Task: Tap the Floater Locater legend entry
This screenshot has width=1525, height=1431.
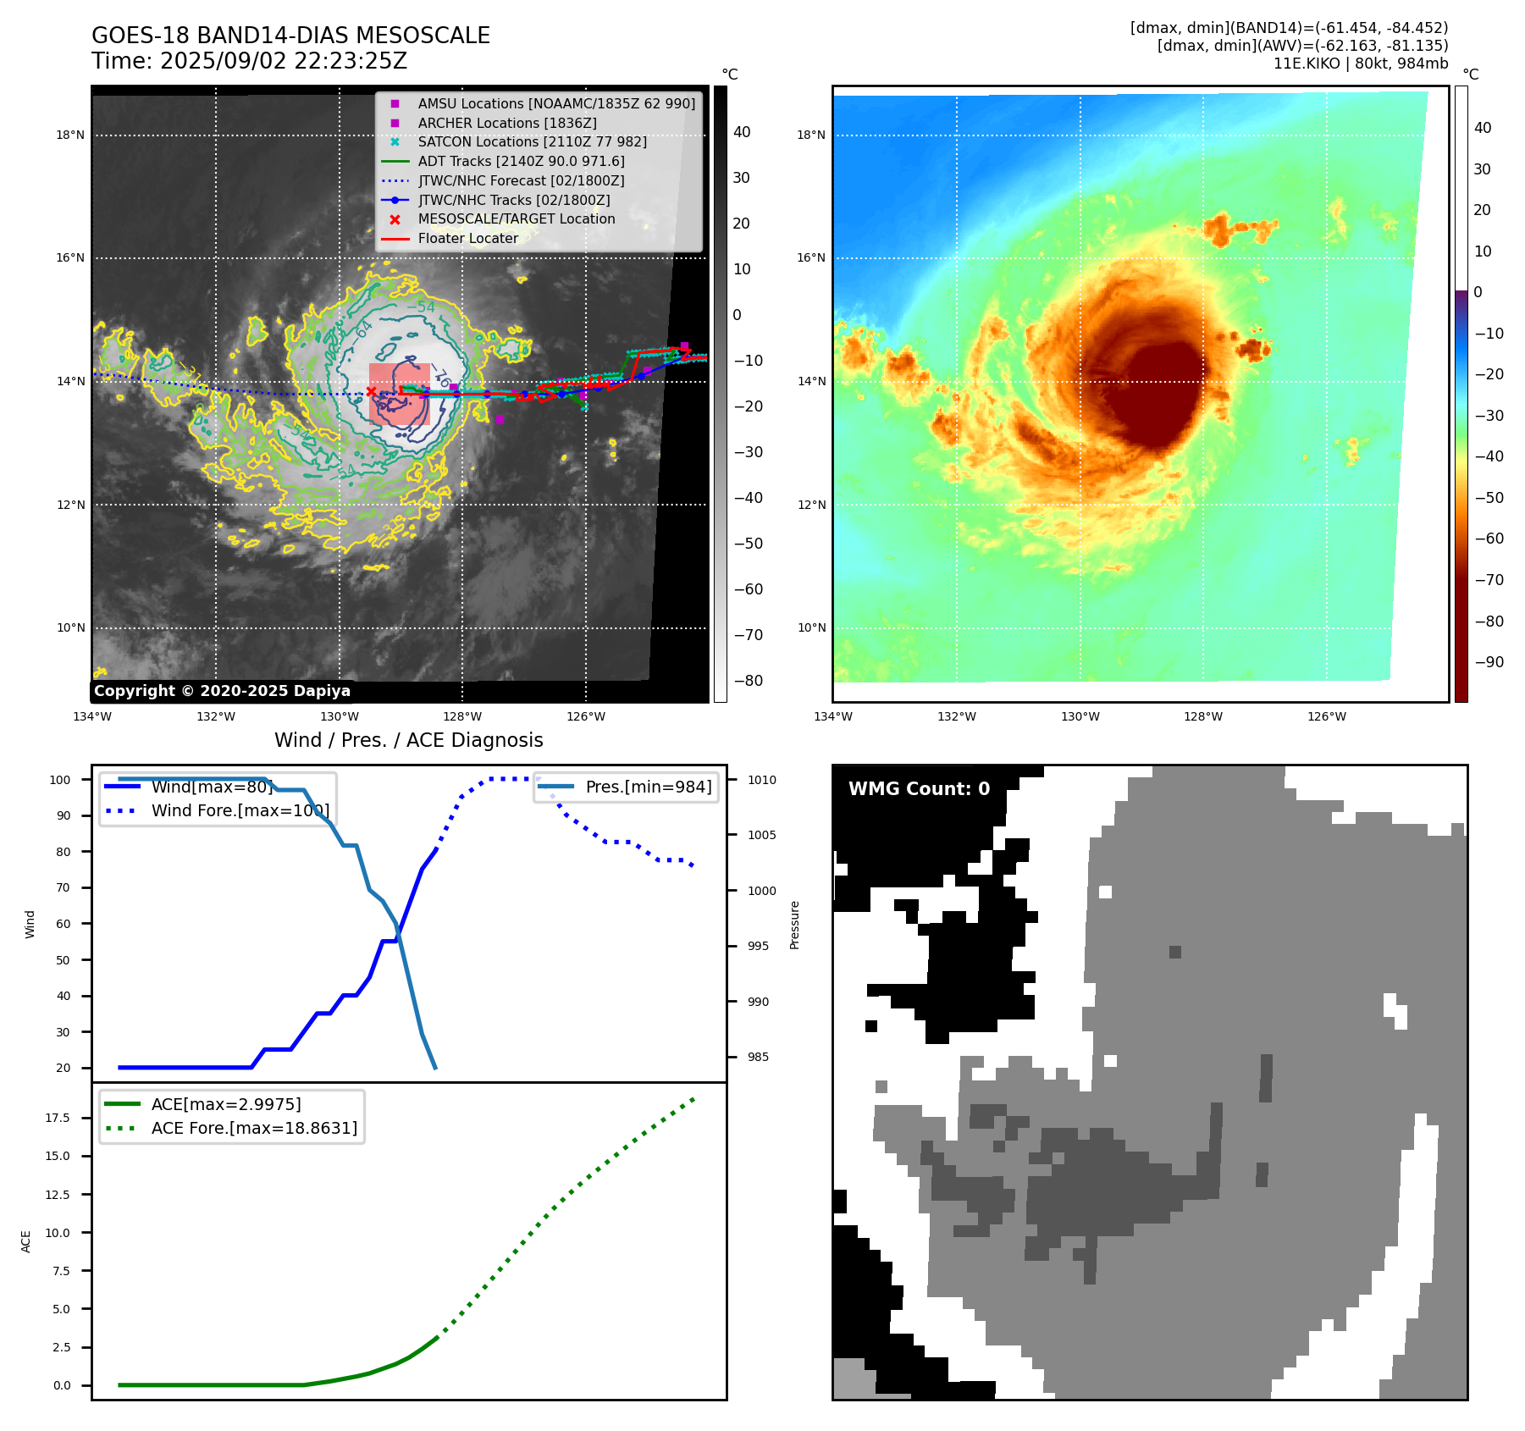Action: pos(467,238)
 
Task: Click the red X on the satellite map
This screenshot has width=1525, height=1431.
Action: pos(371,391)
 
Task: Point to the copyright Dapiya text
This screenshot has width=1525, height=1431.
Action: pos(222,691)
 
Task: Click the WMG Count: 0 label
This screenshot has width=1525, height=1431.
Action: pos(919,789)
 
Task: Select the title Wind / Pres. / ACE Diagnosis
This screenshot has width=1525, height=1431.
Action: pos(408,740)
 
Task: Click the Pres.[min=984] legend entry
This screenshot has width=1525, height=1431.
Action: pos(648,787)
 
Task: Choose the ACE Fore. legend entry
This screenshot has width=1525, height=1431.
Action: pos(254,1128)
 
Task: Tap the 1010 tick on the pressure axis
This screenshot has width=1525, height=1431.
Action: pos(761,780)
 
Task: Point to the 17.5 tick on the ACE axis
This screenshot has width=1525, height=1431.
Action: pos(58,1118)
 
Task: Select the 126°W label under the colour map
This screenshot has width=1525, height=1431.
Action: pos(1326,716)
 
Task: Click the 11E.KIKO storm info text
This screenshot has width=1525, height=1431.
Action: pos(1360,64)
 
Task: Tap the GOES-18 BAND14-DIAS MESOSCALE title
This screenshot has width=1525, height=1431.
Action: pos(290,36)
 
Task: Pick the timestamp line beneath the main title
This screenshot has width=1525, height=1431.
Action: pos(249,61)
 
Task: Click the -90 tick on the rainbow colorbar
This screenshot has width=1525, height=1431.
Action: pos(1489,662)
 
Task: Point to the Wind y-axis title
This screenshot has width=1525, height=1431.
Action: pos(30,924)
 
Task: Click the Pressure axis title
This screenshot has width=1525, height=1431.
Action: pos(794,925)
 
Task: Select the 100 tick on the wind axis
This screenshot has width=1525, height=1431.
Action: pos(60,780)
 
